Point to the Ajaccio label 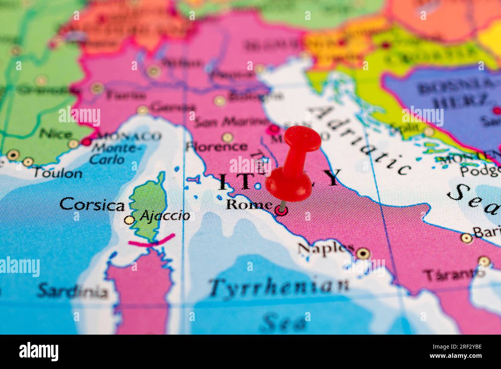(165, 216)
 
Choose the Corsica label (92, 205)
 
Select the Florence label (216, 147)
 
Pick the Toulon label (57, 173)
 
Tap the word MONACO (128, 136)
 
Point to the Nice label (56, 134)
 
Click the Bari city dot (466, 238)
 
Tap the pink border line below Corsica (151, 241)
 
